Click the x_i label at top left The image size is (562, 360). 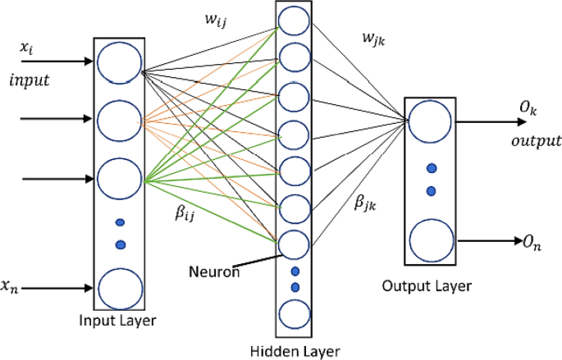click(27, 50)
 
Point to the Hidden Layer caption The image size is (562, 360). click(294, 350)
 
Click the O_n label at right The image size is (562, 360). click(534, 241)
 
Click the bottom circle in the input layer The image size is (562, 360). click(120, 288)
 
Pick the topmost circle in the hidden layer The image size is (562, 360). click(295, 20)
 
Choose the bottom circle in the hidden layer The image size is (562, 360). click(295, 314)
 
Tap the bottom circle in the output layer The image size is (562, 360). click(428, 240)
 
